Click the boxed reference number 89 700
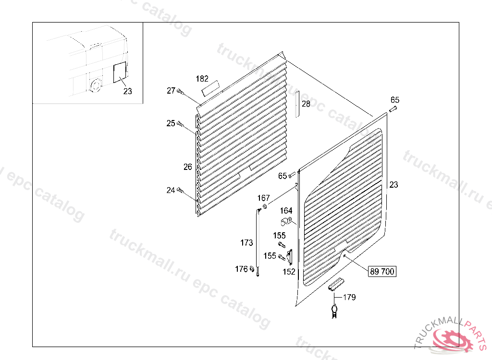coord(382,272)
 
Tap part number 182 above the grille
coord(202,79)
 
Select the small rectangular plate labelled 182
coord(210,87)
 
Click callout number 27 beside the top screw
coord(171,91)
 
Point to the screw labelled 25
coord(181,124)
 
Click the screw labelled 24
coord(181,191)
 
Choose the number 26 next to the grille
coord(187,167)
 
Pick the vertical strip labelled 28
coord(297,103)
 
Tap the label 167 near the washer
coord(263,198)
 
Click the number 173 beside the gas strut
coord(246,243)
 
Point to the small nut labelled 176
coord(252,269)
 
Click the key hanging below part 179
coord(334,309)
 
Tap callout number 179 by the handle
coord(349,298)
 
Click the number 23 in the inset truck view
coord(127,91)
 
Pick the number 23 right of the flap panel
coord(394,184)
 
